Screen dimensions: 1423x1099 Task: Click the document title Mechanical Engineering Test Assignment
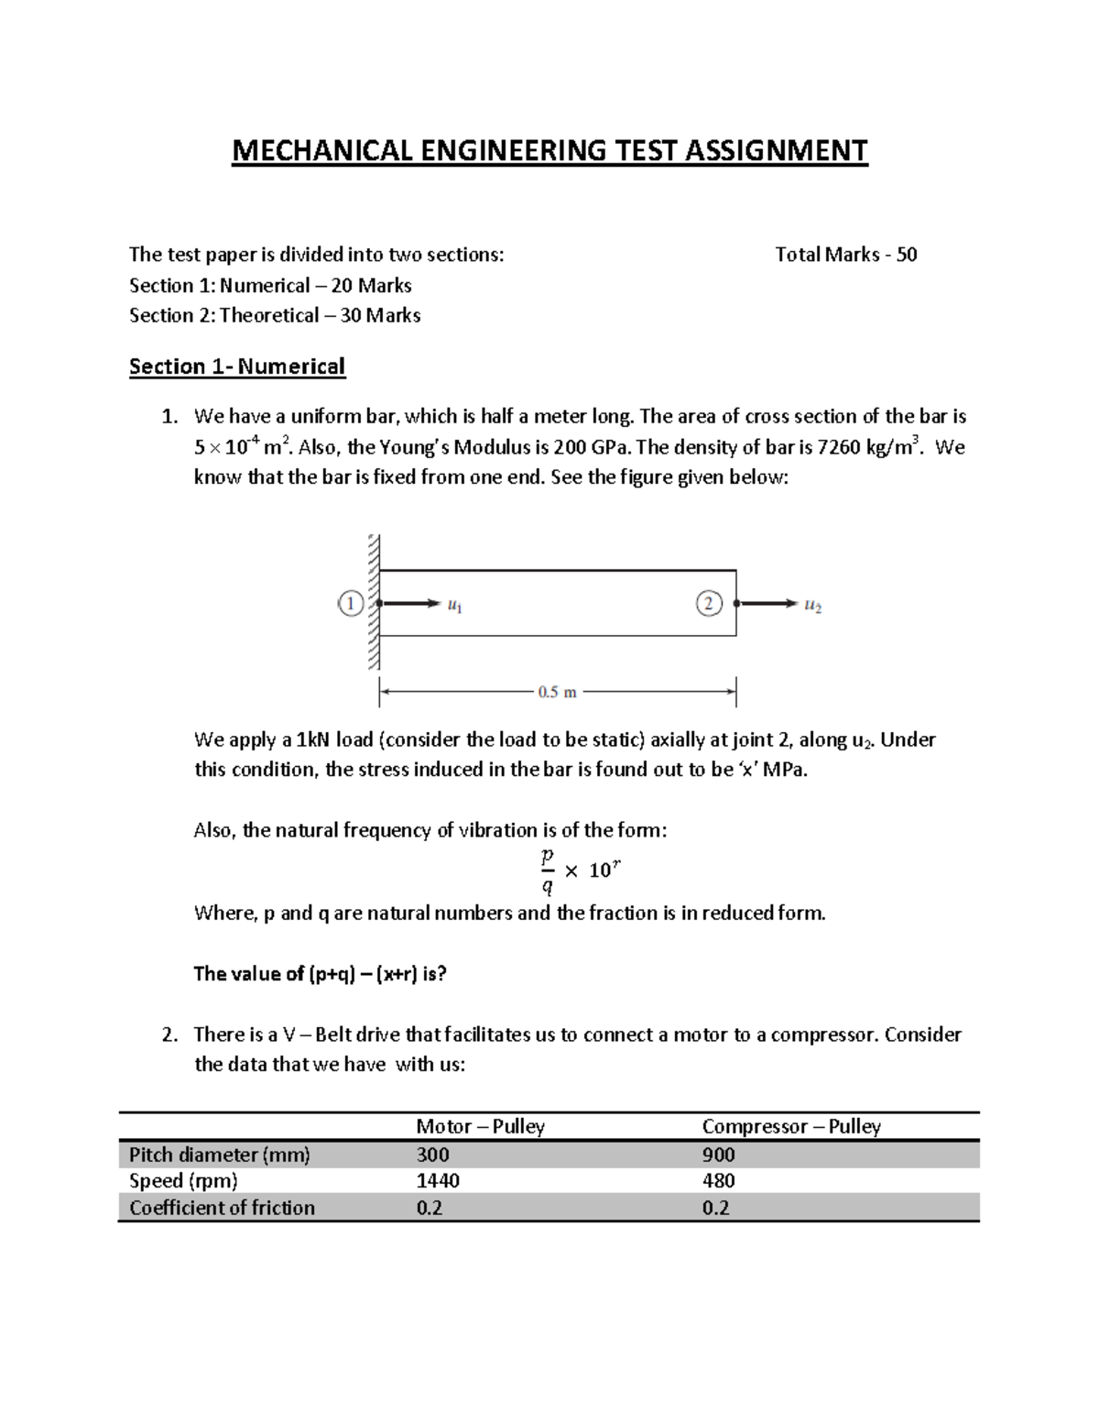549,150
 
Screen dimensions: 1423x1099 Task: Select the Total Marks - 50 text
845,255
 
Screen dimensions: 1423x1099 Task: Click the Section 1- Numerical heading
236,367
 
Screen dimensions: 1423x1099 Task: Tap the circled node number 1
351,604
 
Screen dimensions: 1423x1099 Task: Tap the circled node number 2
709,604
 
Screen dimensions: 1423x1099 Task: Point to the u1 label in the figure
454,606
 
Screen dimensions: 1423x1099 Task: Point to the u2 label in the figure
812,606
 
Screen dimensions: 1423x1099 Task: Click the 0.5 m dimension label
557,693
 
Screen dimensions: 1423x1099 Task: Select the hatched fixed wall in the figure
373,602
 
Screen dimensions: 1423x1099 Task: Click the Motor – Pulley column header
480,1126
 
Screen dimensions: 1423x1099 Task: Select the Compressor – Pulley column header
790,1126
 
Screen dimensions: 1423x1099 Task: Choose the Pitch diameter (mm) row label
220,1155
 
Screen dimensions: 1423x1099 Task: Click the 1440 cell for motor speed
438,1181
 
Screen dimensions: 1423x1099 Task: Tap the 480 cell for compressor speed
718,1181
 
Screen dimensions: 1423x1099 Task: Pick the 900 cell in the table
718,1155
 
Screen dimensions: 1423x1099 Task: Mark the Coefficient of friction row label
222,1208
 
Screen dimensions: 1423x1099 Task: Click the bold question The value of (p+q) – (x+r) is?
320,973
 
